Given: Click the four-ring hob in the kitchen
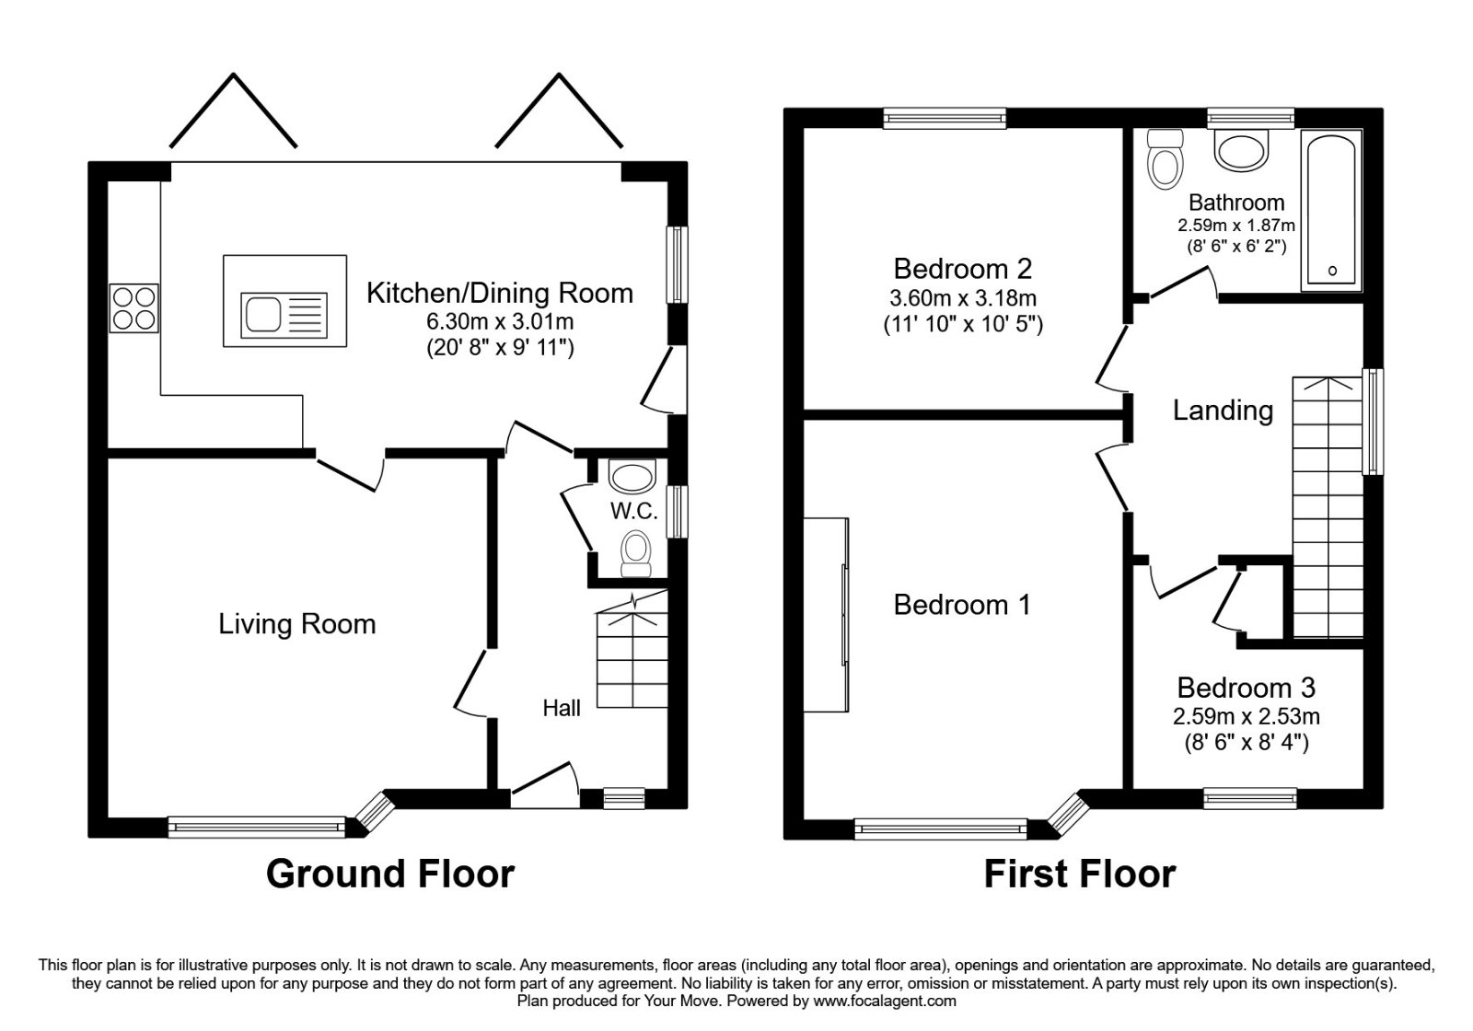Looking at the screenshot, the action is click(134, 307).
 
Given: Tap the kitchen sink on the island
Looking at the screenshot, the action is click(284, 315).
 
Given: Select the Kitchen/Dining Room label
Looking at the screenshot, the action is click(500, 294).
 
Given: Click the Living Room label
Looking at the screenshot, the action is click(297, 624).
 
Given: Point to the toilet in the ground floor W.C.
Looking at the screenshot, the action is click(636, 554).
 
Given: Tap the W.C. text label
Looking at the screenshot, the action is click(634, 512).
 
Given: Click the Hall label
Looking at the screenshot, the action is click(562, 708).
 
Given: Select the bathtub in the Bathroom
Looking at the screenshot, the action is click(1331, 210).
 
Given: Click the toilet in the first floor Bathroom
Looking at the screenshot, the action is click(1165, 159).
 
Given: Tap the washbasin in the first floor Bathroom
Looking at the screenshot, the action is click(1241, 150).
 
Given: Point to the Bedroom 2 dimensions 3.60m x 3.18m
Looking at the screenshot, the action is click(963, 298).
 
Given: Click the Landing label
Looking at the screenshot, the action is click(1224, 411).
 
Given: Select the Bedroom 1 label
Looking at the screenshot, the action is click(961, 605).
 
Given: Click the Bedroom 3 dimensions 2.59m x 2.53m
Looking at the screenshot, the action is click(1247, 716).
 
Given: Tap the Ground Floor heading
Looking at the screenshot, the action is click(390, 875).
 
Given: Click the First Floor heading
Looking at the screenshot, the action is click(1080, 875).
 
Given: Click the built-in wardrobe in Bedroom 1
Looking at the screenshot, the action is click(826, 616).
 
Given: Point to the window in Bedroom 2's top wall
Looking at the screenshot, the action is click(945, 119).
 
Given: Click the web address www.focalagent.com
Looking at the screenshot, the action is click(885, 1002).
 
